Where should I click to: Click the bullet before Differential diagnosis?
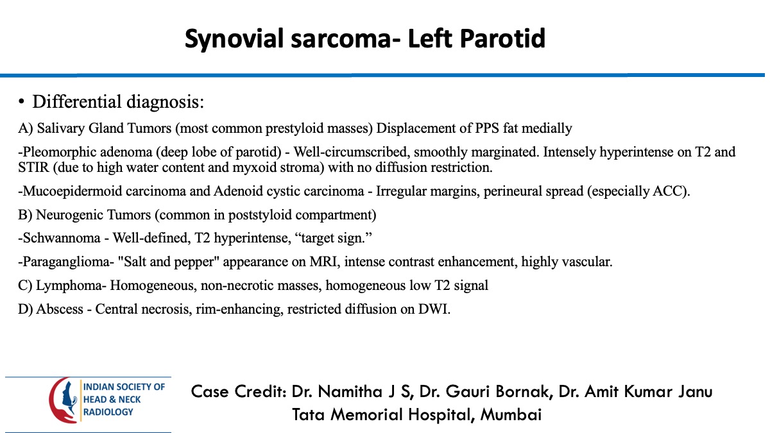(x=21, y=102)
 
